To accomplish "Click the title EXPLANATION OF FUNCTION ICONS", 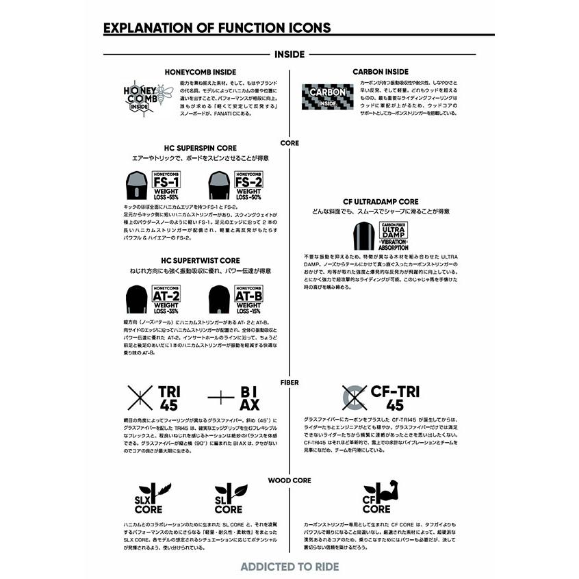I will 216,28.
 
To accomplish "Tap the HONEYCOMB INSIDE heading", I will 201,71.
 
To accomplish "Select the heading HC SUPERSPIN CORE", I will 201,148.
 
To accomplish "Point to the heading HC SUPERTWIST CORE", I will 201,261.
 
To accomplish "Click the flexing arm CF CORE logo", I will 381,498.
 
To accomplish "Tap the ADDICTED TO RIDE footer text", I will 289,567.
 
